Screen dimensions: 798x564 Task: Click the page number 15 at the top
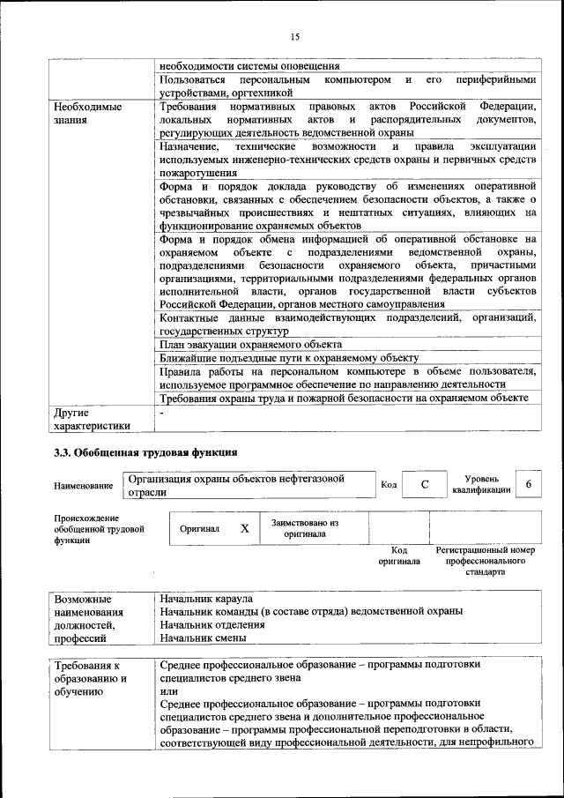point(295,36)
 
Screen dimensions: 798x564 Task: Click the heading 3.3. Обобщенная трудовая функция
point(145,452)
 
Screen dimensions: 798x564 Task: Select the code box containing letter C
point(425,485)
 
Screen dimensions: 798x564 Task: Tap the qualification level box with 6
point(528,485)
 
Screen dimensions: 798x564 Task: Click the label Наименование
point(84,486)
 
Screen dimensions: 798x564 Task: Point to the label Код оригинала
point(399,556)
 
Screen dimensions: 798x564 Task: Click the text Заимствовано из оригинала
point(305,528)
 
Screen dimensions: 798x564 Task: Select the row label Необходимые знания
point(86,112)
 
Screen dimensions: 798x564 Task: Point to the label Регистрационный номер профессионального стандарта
point(486,561)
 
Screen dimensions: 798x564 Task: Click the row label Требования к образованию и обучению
point(90,679)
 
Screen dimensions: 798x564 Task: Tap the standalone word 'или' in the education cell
point(169,692)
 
